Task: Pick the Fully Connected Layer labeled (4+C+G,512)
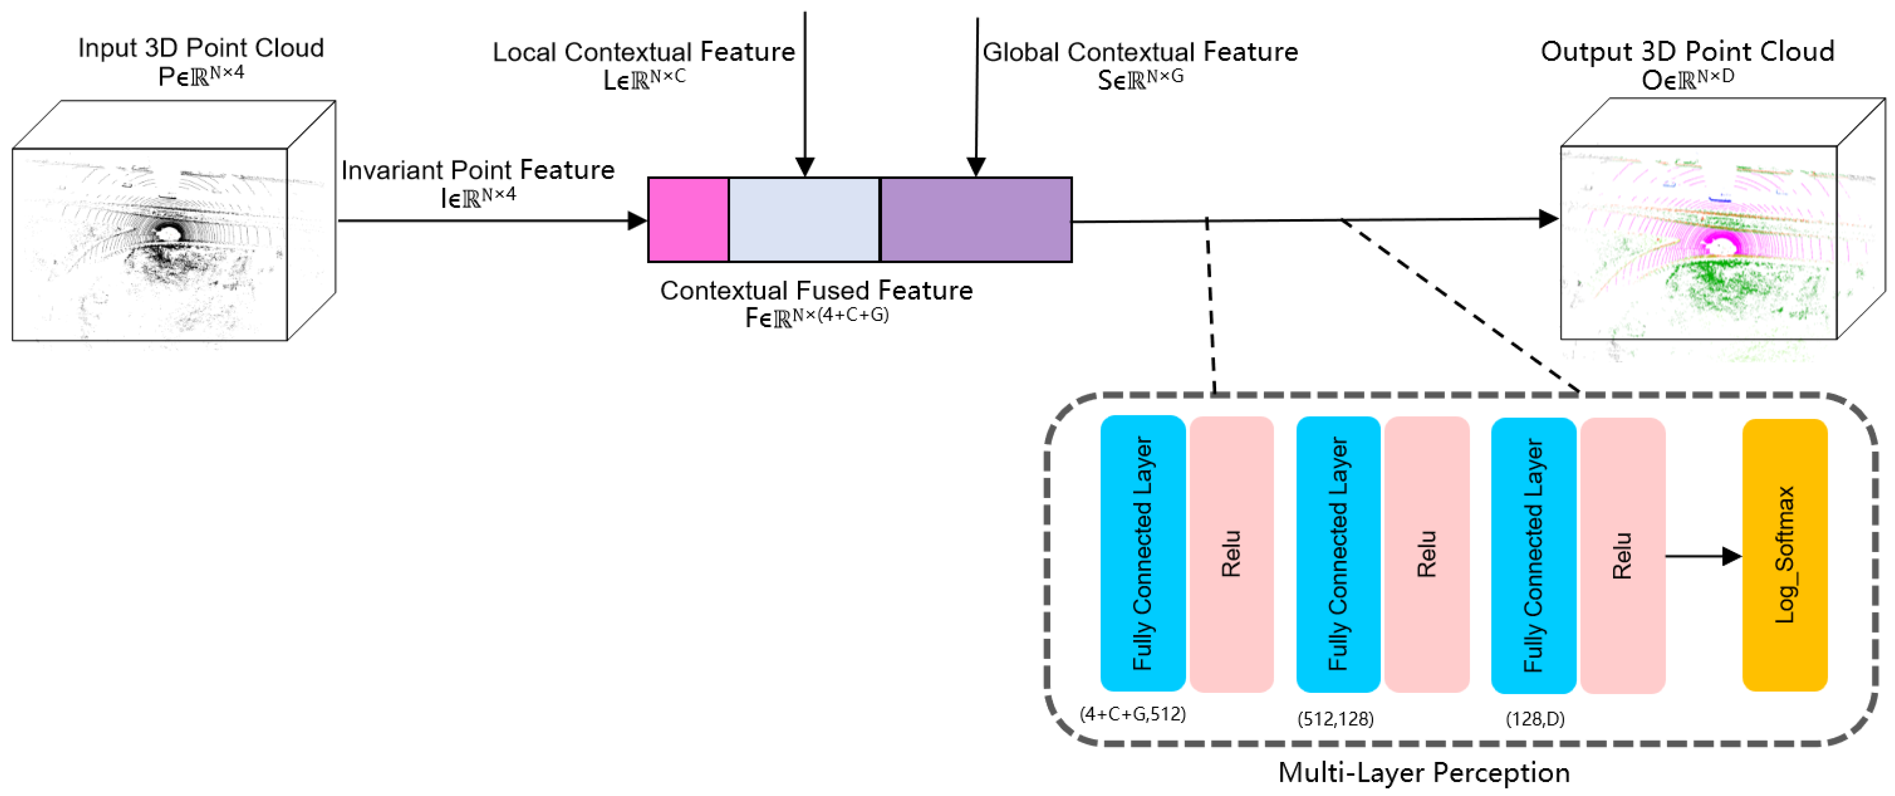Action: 1143,553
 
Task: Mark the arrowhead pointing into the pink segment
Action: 637,221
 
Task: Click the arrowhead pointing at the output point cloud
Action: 1548,219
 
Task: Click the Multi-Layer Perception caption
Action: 1423,773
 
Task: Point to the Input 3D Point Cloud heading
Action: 201,48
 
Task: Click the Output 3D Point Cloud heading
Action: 1687,51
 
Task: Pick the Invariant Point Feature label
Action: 478,170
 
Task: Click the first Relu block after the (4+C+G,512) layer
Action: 1232,553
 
